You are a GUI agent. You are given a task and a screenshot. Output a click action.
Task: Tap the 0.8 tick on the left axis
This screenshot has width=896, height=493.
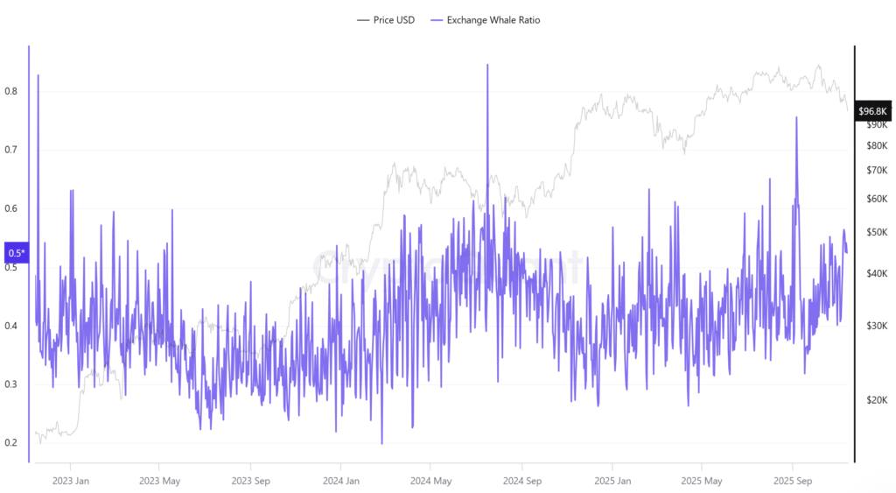[x=11, y=91]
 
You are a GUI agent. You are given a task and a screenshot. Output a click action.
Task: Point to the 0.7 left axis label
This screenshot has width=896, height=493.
[x=11, y=150]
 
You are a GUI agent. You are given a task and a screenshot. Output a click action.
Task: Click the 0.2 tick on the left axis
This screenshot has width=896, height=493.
[x=11, y=443]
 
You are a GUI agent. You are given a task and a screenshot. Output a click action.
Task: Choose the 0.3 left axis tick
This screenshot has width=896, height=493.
[x=11, y=384]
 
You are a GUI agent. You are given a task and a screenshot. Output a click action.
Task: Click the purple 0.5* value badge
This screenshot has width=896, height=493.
[x=17, y=253]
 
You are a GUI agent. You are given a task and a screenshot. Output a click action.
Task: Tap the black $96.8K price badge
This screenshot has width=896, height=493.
[x=872, y=110]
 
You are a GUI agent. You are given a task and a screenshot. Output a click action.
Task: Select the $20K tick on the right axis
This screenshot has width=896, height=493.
[x=876, y=400]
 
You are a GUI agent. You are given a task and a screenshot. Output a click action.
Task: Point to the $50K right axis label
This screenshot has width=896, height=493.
[x=876, y=232]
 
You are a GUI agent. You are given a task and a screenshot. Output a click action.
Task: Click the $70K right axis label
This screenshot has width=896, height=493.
[x=876, y=170]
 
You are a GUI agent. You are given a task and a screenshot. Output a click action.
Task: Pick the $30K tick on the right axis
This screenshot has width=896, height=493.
[x=876, y=326]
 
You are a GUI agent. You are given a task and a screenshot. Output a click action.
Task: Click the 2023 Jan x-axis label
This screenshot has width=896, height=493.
[x=70, y=480]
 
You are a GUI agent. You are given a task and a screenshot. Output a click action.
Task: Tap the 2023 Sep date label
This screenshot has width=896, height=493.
[x=250, y=480]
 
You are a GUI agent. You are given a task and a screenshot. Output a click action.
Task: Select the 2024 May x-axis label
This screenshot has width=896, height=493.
[x=430, y=480]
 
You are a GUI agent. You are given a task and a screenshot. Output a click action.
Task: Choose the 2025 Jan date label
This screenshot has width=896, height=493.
[x=612, y=480]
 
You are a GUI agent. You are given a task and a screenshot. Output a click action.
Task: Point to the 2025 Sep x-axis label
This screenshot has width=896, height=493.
[x=792, y=480]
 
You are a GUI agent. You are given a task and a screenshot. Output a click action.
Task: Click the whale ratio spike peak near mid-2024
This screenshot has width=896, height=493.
[x=487, y=65]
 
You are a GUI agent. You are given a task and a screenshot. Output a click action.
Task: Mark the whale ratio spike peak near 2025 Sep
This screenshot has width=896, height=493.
[x=796, y=117]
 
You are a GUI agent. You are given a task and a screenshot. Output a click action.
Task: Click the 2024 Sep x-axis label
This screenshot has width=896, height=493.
[x=521, y=480]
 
